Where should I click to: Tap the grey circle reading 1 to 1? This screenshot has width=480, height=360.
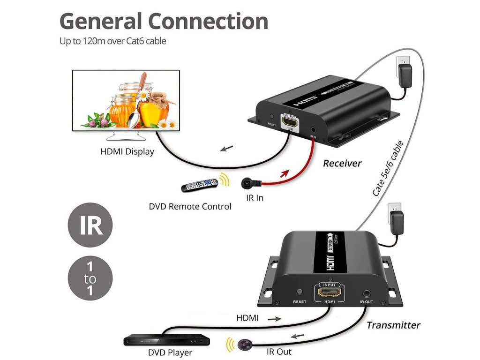90,279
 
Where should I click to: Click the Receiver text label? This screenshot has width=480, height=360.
342,164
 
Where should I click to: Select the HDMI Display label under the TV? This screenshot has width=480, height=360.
127,152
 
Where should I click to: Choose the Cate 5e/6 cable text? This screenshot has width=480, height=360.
388,168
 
